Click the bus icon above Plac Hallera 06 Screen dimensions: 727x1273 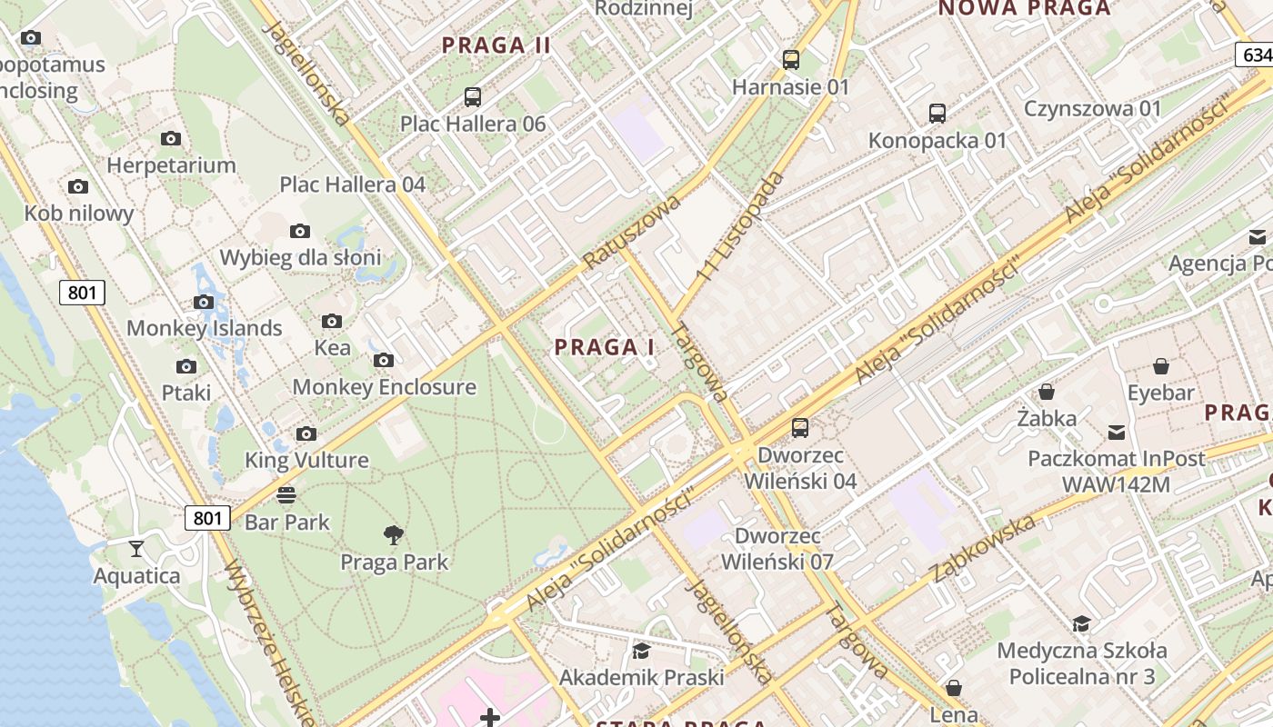472,97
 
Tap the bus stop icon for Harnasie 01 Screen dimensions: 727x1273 791,60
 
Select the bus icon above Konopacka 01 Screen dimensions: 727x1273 937,114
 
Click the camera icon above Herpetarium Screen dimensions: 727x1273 171,139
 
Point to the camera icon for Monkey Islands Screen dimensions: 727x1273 204,302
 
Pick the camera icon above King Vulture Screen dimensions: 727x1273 306,433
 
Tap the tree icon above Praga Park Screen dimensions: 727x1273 394,535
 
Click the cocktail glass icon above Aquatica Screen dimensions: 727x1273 136,548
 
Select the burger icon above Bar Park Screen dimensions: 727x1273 286,495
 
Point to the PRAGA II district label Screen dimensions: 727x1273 496,45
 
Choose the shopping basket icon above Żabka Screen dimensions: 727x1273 1047,392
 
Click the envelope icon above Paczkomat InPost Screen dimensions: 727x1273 1116,432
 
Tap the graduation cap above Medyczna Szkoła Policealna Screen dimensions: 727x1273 1081,623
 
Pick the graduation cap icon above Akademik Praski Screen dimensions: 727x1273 641,651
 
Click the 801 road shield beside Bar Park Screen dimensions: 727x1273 207,518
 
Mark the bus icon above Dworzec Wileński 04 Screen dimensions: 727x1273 800,427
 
